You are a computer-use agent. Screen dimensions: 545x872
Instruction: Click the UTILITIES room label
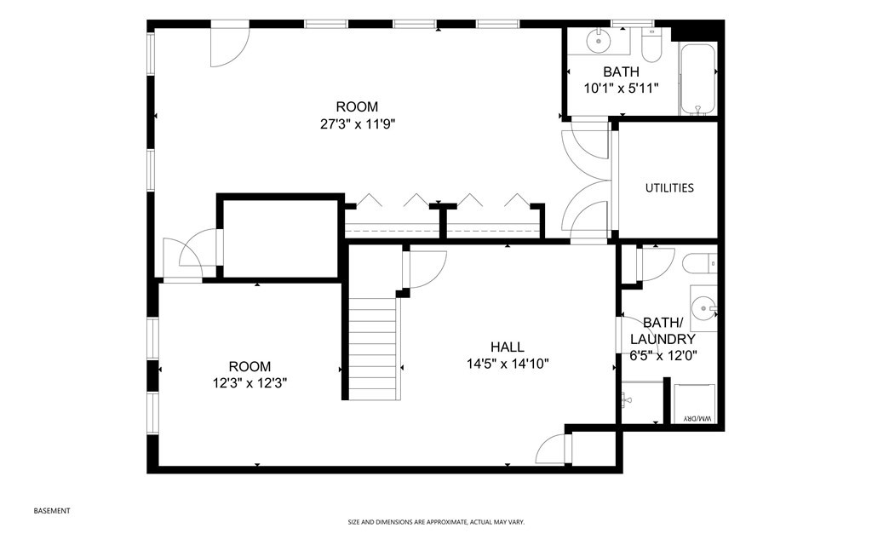668,188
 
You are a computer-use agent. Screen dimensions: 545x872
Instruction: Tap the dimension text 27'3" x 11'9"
356,123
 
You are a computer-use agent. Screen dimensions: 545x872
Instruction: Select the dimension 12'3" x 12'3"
250,383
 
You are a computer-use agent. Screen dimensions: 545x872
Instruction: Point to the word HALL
507,347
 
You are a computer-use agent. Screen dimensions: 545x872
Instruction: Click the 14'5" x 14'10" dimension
507,364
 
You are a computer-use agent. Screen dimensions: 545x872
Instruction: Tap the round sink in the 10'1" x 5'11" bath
599,41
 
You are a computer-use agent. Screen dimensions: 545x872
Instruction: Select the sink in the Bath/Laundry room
703,306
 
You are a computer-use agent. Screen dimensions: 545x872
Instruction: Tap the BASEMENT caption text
52,511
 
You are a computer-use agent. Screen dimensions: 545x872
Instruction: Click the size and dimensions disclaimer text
435,522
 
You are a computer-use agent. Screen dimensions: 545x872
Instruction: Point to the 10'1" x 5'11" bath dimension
621,88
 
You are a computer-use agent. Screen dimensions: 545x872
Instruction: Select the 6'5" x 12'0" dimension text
662,355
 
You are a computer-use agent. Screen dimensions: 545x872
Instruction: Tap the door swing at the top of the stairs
426,271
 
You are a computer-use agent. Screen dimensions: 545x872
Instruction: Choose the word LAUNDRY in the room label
662,339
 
